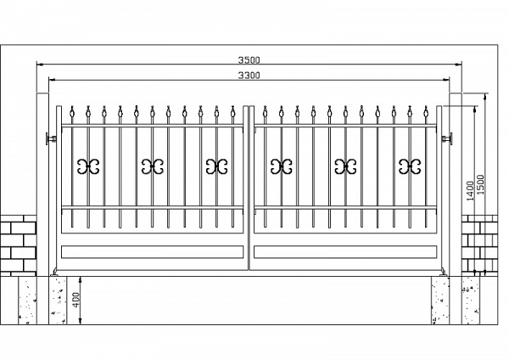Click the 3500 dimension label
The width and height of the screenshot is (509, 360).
coord(249,60)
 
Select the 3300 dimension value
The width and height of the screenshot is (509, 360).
coord(249,76)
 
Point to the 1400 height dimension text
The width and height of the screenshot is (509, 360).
coord(470,191)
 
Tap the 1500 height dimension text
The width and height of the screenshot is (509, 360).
coord(480,184)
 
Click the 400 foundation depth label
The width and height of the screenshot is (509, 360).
coord(76,301)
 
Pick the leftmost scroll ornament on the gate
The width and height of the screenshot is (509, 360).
coord(88,166)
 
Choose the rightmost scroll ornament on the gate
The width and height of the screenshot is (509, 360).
coord(410,166)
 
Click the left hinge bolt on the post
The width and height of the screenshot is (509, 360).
coord(51,139)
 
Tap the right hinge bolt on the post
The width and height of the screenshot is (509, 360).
coord(447,139)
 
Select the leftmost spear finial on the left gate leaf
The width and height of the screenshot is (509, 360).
coord(72,112)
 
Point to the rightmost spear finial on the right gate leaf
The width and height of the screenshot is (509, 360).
coord(426,112)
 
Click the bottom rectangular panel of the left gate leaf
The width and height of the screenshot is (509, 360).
coord(152,252)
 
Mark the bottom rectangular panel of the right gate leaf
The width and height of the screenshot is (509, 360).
coord(345,252)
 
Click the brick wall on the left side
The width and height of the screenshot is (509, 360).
coord(18,245)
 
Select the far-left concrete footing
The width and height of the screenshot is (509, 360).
coord(27,301)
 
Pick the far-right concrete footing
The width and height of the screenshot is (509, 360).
coord(471,301)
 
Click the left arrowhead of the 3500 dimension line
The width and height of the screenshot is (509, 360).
coord(40,65)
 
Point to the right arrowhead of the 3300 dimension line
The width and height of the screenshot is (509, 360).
coord(446,79)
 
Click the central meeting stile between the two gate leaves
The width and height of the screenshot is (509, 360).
coord(249,188)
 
